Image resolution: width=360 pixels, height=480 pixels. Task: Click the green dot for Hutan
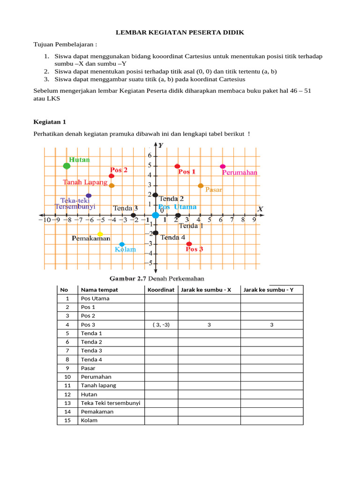tap(67, 165)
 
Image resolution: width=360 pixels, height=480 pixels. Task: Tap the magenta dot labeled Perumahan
tap(223, 166)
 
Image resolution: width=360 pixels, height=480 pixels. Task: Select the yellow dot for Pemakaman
tap(100, 234)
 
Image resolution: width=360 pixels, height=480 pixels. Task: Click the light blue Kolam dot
tap(122, 244)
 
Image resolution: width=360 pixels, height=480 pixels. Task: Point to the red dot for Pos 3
tap(189, 244)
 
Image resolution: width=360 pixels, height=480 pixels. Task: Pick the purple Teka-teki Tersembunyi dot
tap(89, 195)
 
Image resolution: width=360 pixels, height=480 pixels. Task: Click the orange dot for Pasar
tap(201, 186)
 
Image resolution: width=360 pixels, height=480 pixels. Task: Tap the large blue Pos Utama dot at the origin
tap(155, 215)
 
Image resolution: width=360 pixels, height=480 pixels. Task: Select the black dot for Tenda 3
tap(134, 215)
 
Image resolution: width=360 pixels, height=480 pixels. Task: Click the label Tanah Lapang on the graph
tap(85, 182)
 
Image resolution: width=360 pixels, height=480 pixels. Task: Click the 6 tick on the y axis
tap(150, 156)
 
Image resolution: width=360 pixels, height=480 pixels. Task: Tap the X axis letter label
tap(260, 209)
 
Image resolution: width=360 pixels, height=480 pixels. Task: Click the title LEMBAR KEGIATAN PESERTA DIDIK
tap(180, 32)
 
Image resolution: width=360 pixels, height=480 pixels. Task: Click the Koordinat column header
tap(161, 290)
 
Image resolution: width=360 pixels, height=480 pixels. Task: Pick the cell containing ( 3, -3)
tap(161, 324)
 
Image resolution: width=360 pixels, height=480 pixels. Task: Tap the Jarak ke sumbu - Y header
tap(271, 290)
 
